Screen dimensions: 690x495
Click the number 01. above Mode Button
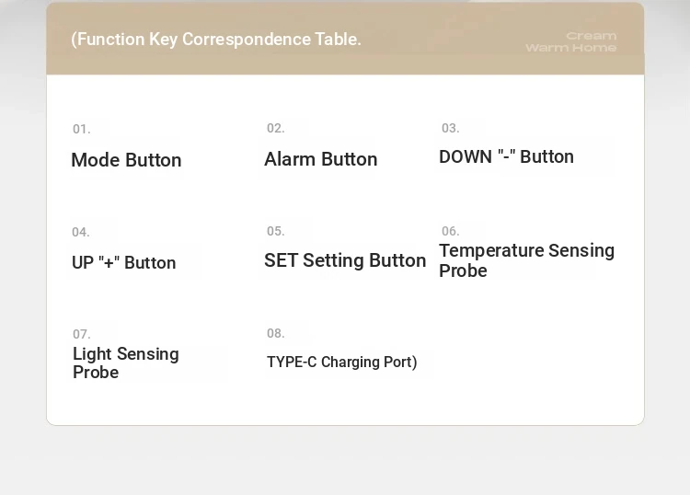pyautogui.click(x=81, y=129)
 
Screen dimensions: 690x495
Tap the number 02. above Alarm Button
pyautogui.click(x=275, y=128)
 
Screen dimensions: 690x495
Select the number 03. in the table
pyautogui.click(x=450, y=128)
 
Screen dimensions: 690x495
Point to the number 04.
pyautogui.click(x=81, y=232)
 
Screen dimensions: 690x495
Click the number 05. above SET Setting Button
pyautogui.click(x=275, y=231)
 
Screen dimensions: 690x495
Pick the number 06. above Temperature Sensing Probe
pyautogui.click(x=450, y=231)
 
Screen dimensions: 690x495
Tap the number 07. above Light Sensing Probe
pyautogui.click(x=81, y=334)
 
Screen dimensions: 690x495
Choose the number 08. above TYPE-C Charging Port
pyautogui.click(x=275, y=333)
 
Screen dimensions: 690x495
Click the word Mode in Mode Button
pyautogui.click(x=96, y=160)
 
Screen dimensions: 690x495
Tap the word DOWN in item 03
pyautogui.click(x=466, y=157)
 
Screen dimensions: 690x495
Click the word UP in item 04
pyautogui.click(x=83, y=262)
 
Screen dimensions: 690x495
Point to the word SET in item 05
pyautogui.click(x=281, y=260)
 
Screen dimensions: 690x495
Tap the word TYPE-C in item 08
pyautogui.click(x=292, y=363)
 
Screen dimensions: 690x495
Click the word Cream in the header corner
pyautogui.click(x=592, y=36)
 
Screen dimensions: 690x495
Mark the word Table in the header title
pyautogui.click(x=338, y=40)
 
